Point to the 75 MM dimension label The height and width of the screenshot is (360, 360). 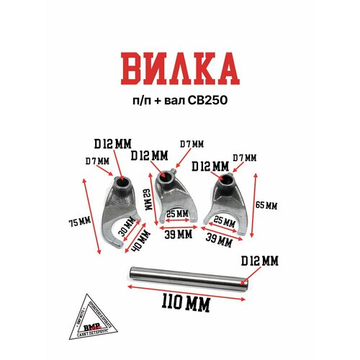pyautogui.click(x=75, y=220)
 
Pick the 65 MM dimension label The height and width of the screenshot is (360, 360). pyautogui.click(x=267, y=205)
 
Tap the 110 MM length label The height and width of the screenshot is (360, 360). pyautogui.click(x=180, y=304)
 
